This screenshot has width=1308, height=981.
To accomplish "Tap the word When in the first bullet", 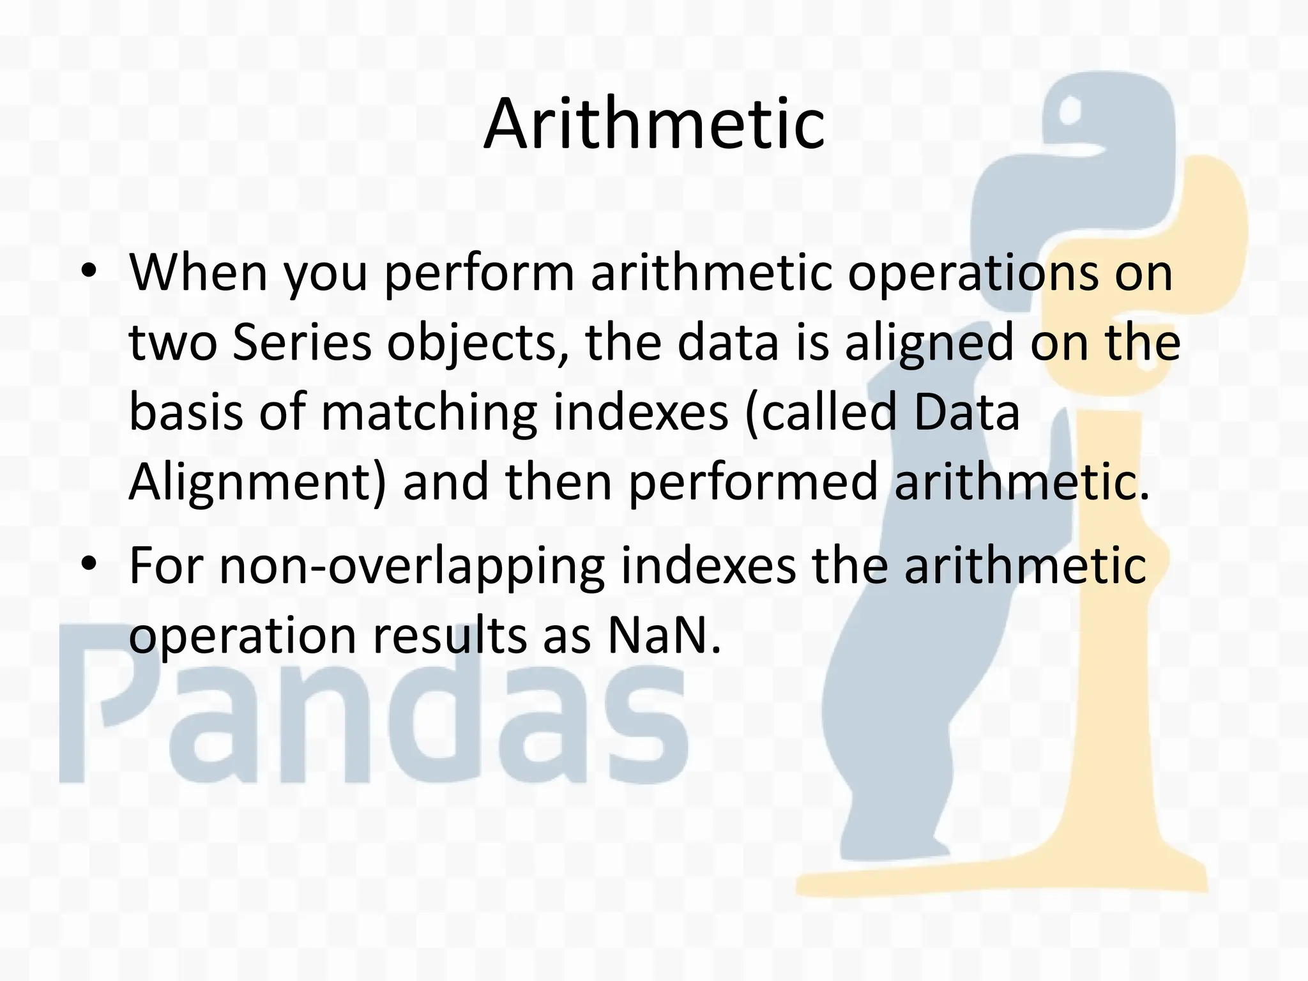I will tap(199, 273).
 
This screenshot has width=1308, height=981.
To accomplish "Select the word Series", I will tap(301, 342).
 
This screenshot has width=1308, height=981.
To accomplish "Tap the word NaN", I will tap(664, 635).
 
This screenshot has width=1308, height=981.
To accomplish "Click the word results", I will tap(450, 635).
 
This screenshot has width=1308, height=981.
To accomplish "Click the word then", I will tap(559, 482).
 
